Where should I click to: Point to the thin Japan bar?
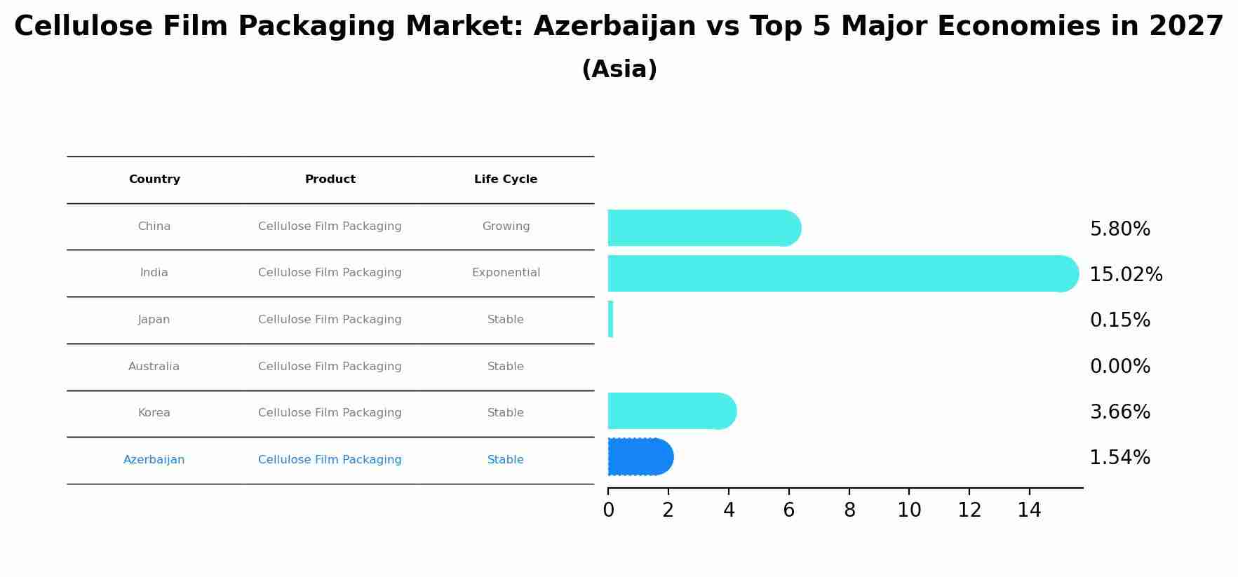[x=610, y=319]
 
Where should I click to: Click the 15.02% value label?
[x=1125, y=275]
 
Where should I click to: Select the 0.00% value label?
[x=1119, y=367]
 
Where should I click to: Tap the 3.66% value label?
[x=1119, y=412]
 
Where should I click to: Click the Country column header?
[x=154, y=179]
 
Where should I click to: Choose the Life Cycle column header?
[x=505, y=179]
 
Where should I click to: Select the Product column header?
[x=330, y=179]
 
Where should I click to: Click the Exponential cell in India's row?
[x=506, y=273]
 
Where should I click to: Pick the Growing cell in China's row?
[x=506, y=226]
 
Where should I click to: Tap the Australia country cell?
[x=154, y=367]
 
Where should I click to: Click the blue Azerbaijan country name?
[x=154, y=460]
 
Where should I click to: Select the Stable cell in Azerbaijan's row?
[x=505, y=460]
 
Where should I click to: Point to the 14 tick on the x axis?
[x=1029, y=510]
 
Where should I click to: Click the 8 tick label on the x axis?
[x=849, y=510]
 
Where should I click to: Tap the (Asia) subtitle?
[x=619, y=69]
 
